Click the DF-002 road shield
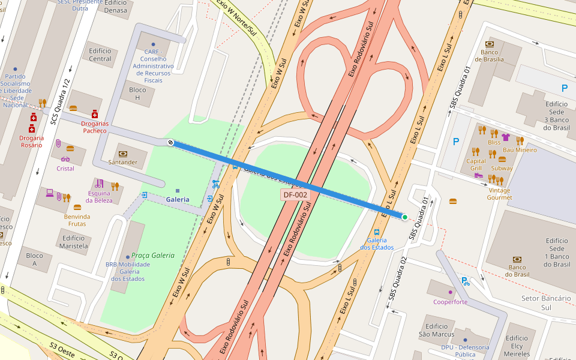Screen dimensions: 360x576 click(x=295, y=194)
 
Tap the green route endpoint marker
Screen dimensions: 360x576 click(x=405, y=217)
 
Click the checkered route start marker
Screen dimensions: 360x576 click(x=171, y=143)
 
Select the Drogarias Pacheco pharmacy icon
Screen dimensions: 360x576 click(x=94, y=114)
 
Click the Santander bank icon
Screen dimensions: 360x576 click(x=123, y=154)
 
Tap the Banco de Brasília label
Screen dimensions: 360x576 click(x=493, y=56)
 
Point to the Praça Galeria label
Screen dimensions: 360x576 click(x=154, y=256)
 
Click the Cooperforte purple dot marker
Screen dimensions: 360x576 click(x=450, y=292)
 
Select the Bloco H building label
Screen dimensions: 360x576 click(x=137, y=94)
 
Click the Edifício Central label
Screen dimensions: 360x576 click(x=100, y=55)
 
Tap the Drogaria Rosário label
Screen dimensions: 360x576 click(x=32, y=142)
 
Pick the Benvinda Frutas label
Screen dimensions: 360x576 click(x=77, y=220)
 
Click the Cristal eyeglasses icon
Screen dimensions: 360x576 click(x=65, y=159)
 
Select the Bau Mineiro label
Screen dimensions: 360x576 click(x=520, y=150)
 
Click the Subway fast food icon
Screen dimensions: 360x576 click(x=502, y=160)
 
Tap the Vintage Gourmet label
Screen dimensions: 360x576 click(x=499, y=194)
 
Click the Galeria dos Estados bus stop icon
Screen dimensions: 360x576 click(x=377, y=232)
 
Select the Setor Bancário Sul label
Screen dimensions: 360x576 click(x=545, y=302)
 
